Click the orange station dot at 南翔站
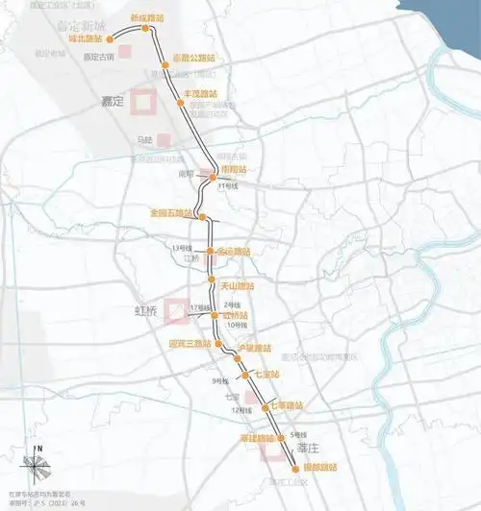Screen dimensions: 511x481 214,177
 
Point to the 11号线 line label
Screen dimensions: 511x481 228,186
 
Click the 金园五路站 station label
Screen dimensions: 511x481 169,211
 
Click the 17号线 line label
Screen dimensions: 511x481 200,307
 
